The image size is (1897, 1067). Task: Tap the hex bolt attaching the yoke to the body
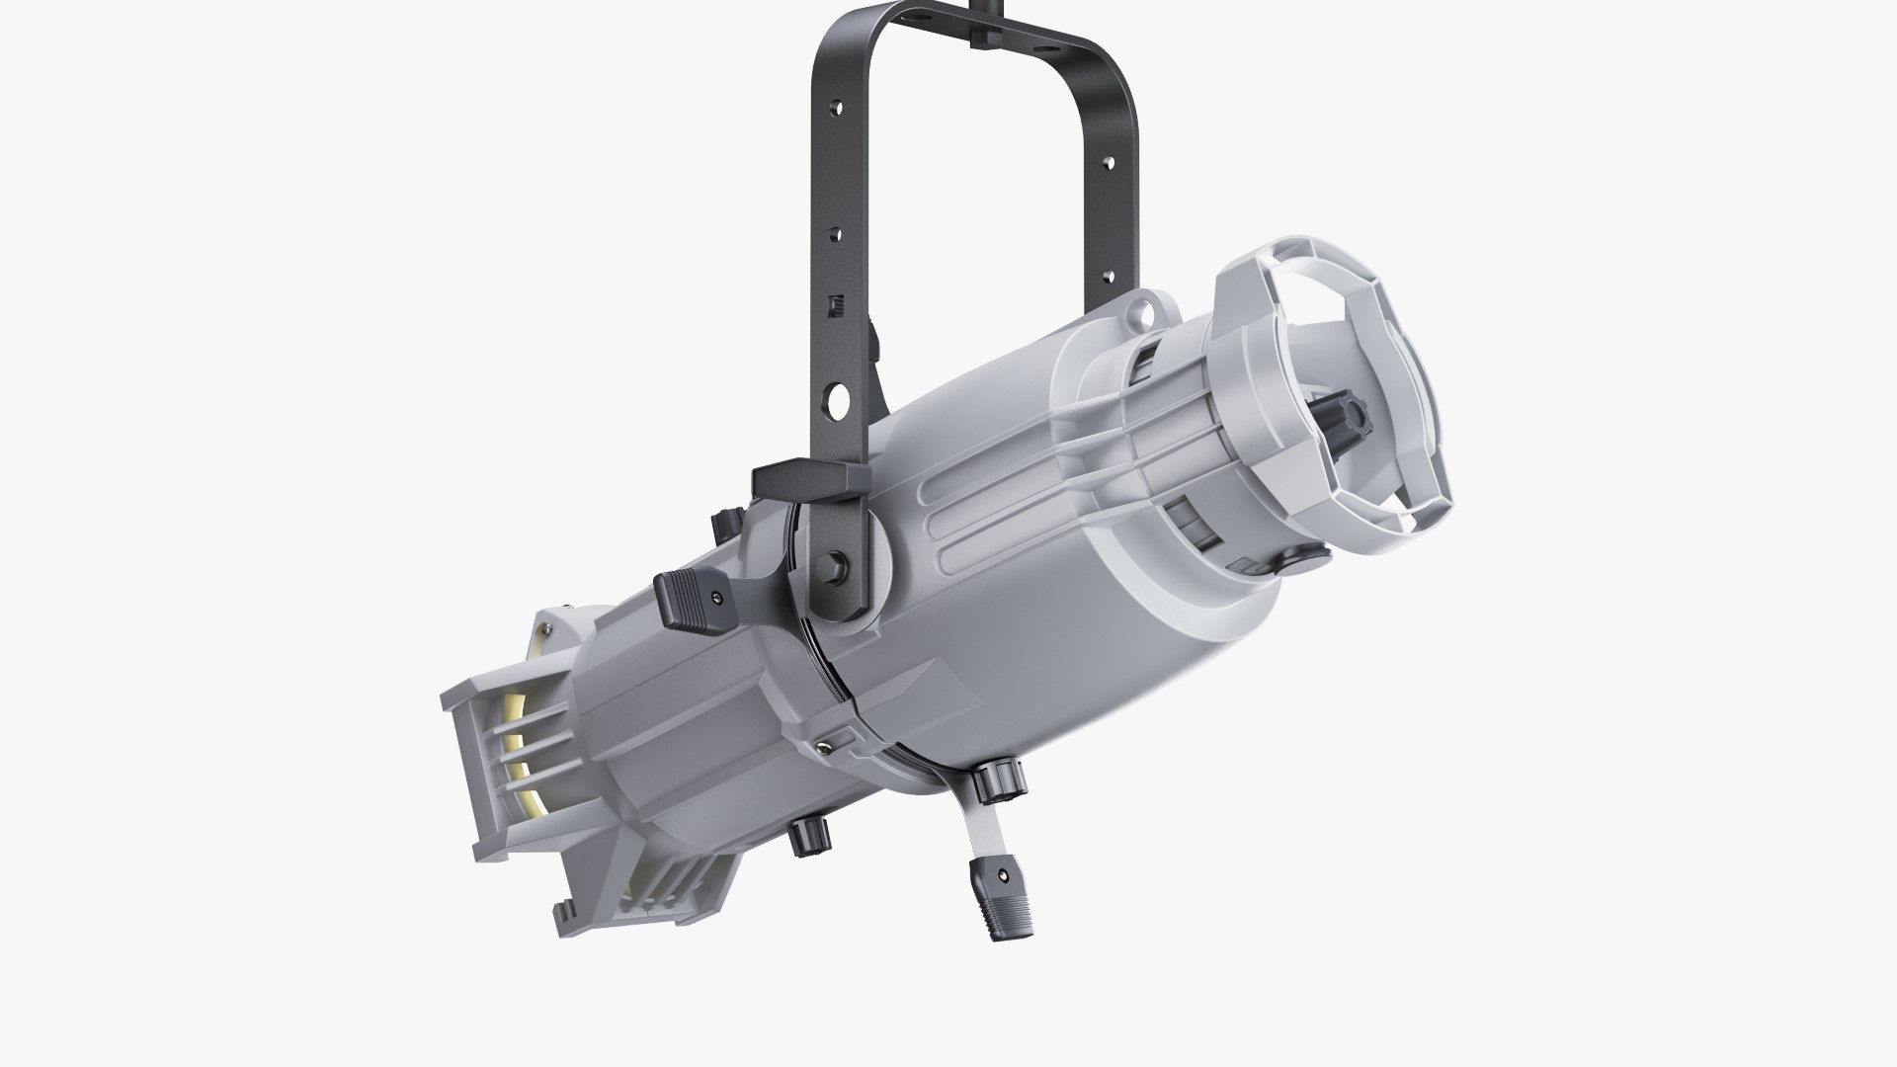pos(838,565)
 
